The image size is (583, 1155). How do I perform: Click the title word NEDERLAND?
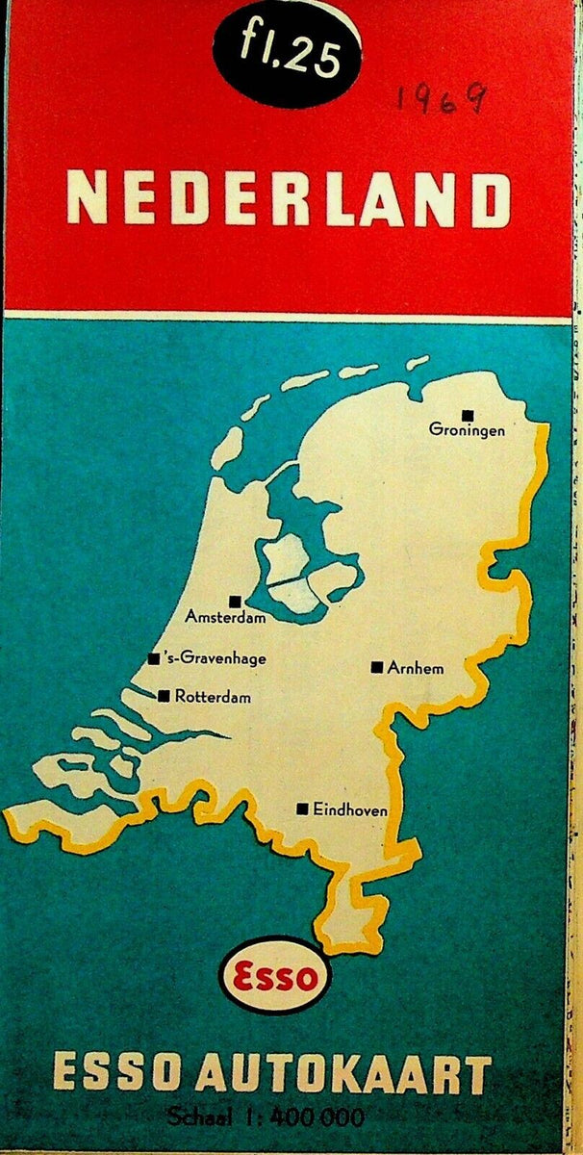tap(288, 200)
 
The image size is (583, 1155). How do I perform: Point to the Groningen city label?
tap(467, 431)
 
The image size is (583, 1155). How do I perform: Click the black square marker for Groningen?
tap(468, 415)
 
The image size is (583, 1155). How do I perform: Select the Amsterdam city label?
tap(225, 617)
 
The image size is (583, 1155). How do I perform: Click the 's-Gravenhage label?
tap(215, 659)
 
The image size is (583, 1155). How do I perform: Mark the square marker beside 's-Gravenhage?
tap(154, 659)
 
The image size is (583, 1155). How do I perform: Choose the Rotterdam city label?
tap(213, 696)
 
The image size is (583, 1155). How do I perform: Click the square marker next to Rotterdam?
tap(165, 696)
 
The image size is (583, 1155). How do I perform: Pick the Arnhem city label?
tap(416, 667)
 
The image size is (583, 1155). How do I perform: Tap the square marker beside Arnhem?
tap(377, 667)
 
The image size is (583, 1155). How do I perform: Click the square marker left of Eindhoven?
tap(303, 809)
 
